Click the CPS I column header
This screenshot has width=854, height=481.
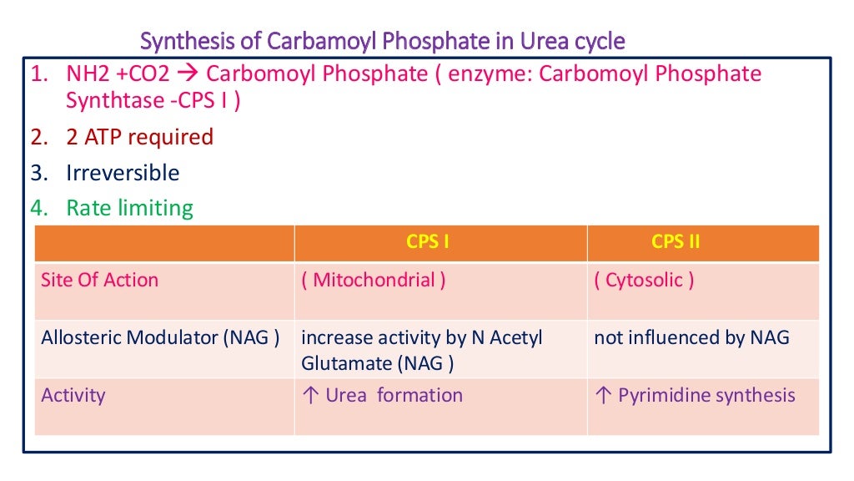click(428, 242)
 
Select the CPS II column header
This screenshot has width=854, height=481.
click(676, 242)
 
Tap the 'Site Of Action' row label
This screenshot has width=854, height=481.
click(99, 280)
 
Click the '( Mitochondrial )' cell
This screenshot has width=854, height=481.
click(373, 280)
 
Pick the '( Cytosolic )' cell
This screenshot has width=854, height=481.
click(644, 280)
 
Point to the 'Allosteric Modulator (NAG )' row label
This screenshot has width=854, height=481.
click(160, 337)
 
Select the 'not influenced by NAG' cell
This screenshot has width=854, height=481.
click(691, 337)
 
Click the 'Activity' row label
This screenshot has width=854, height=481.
click(73, 394)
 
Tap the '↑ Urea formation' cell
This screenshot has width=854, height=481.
click(381, 394)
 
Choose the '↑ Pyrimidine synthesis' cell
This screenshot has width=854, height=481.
click(695, 394)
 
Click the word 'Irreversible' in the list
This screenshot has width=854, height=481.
click(123, 173)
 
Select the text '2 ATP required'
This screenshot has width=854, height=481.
click(139, 137)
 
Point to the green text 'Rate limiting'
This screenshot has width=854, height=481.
click(129, 208)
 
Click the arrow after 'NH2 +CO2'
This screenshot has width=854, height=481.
click(188, 74)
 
